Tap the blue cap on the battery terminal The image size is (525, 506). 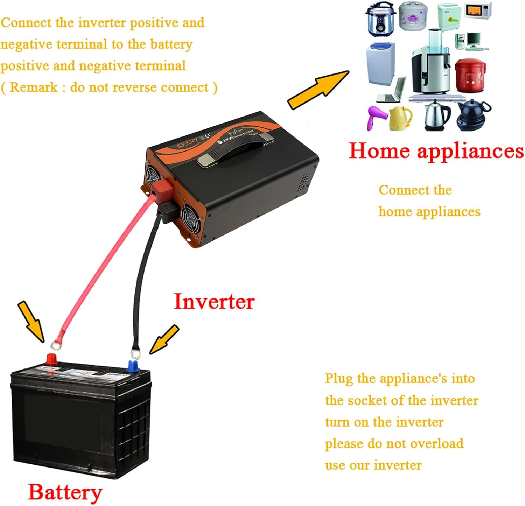click(133, 366)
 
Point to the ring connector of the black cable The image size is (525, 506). click(135, 354)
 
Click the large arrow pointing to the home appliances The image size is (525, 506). click(318, 90)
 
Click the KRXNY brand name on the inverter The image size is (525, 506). click(187, 143)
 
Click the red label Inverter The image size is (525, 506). click(214, 302)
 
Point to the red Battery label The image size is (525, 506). click(65, 492)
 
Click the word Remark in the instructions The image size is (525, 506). click(34, 87)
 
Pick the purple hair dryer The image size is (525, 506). click(377, 118)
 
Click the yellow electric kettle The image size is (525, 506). click(401, 118)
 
